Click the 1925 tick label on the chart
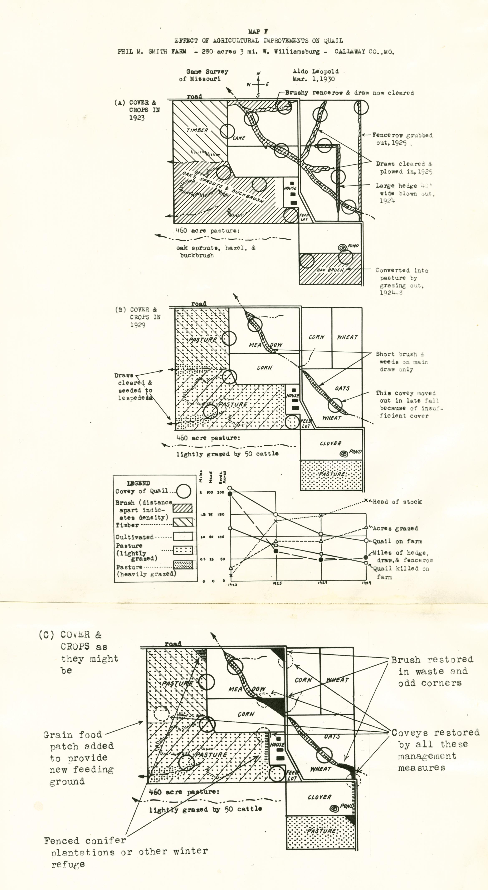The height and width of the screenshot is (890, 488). (x=277, y=583)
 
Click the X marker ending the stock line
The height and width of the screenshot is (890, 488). (x=366, y=500)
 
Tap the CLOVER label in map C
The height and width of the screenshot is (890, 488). (x=319, y=797)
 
